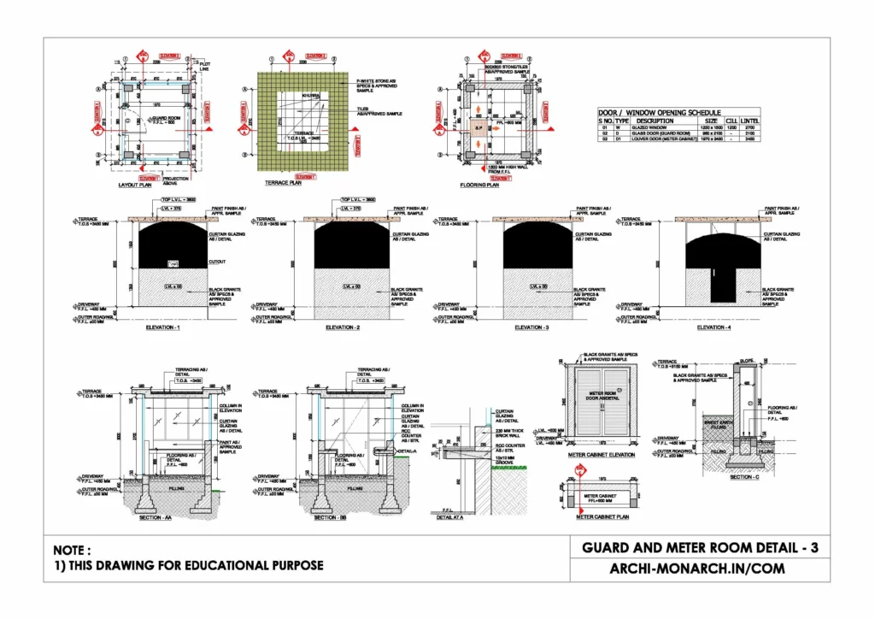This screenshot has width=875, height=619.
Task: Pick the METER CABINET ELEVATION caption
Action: (602, 455)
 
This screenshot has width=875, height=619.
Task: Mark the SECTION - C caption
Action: (744, 477)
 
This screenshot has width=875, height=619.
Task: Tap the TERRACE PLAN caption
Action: (285, 183)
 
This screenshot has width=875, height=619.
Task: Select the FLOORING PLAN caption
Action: (479, 185)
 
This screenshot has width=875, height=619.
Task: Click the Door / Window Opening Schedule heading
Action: (659, 113)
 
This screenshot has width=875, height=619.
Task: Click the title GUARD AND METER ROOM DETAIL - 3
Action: (700, 547)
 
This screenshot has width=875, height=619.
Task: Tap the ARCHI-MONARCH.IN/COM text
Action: (700, 569)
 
